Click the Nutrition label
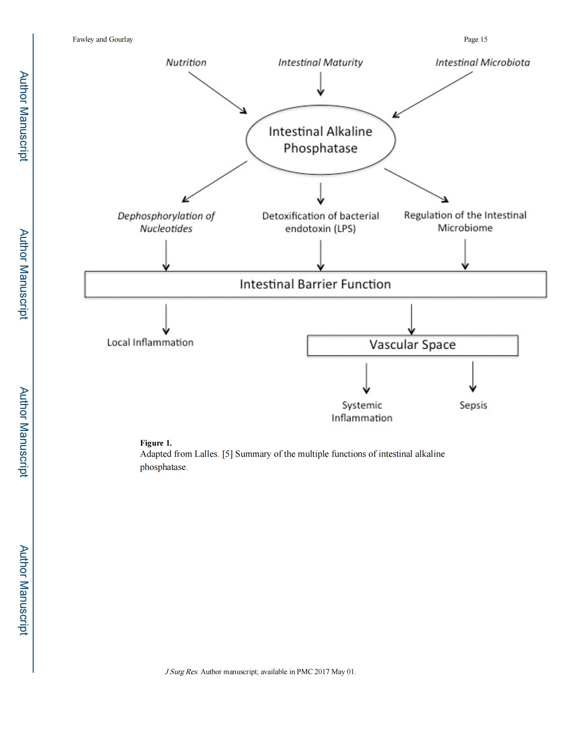pos(186,62)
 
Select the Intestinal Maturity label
pos(321,63)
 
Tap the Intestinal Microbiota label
pos(482,62)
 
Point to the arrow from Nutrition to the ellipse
pos(218,92)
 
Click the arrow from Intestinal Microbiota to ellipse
pos(432,95)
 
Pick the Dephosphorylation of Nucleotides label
pos(166,222)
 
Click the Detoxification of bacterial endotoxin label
pos(321,222)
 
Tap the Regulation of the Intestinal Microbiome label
pos(465,221)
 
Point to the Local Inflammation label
pos(150,342)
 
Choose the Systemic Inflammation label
pos(362,412)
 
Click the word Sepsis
pos(473,405)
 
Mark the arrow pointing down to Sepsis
pos(473,377)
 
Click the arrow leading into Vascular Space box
pos(412,319)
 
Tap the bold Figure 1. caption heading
pos(156,443)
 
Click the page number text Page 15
pos(475,39)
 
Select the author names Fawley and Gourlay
pos(103,39)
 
